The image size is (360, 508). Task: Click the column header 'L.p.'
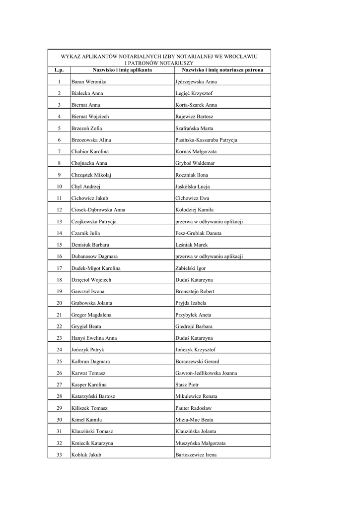[59, 70]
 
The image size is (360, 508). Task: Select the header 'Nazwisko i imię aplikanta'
[122, 70]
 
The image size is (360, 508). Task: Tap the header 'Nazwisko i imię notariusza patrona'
[222, 70]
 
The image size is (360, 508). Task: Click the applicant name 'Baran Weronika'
[89, 82]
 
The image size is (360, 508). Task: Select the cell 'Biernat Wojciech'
[90, 117]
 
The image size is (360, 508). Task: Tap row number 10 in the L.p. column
[59, 187]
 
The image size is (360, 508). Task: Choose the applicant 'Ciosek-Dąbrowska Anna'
[98, 210]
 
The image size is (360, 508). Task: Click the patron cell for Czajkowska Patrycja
[209, 221]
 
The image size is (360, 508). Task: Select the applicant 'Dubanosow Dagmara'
[94, 256]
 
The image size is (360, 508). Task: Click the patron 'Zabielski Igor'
[191, 268]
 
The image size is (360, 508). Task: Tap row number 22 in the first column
[59, 326]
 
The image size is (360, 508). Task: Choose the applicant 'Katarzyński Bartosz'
[93, 396]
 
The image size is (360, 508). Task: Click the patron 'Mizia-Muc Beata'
[195, 420]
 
